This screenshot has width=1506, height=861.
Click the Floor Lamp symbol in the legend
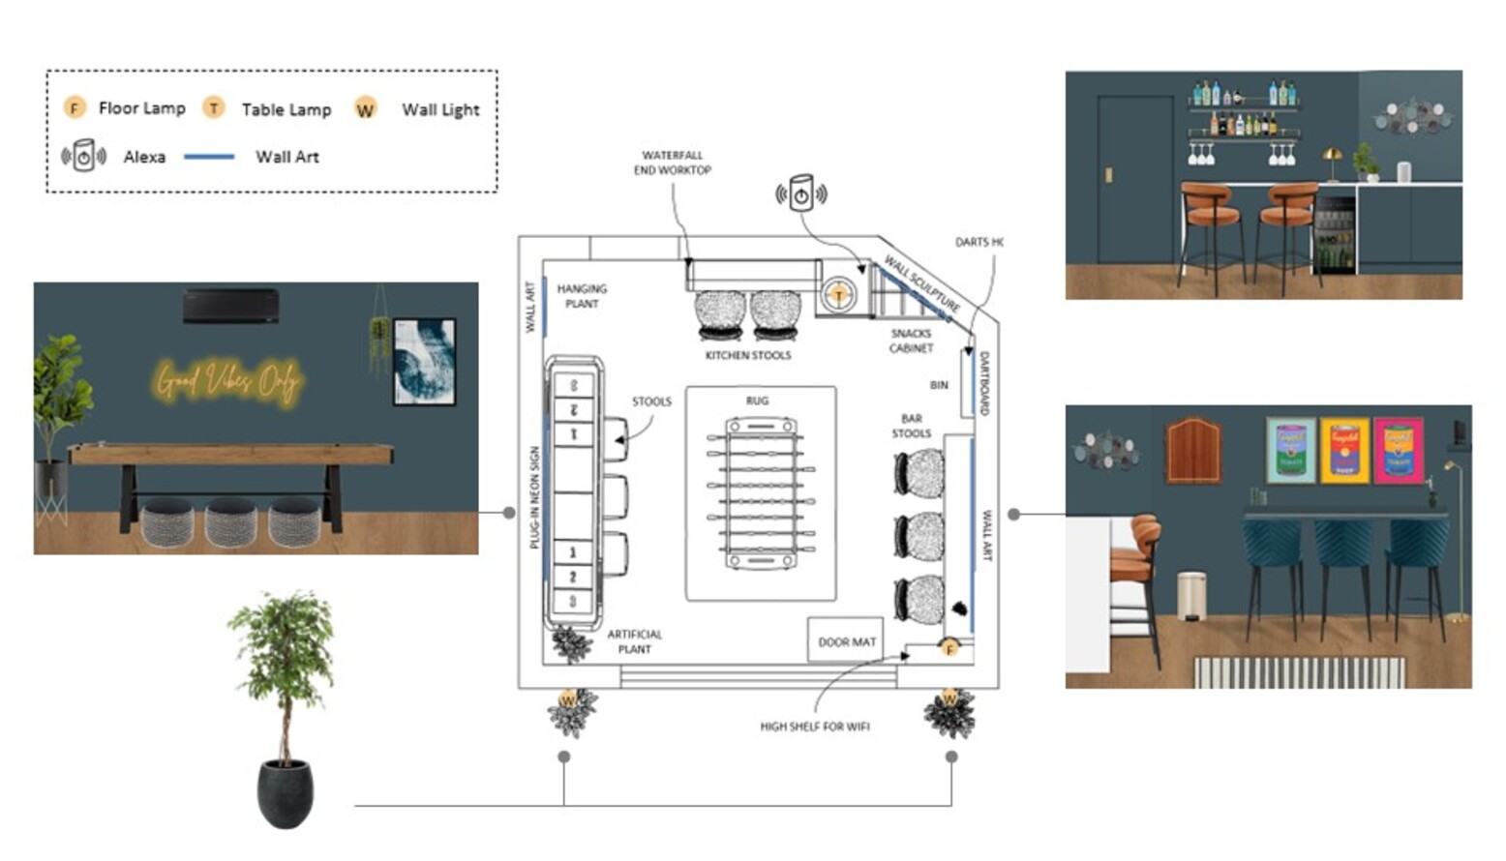click(x=75, y=107)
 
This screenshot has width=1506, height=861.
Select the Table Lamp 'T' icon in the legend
click(x=214, y=107)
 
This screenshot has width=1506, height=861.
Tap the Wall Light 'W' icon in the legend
click(x=365, y=108)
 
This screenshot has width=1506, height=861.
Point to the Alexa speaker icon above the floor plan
click(x=800, y=193)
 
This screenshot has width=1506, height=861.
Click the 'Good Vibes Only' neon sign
click(x=228, y=381)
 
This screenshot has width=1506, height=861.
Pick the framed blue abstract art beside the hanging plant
click(x=425, y=362)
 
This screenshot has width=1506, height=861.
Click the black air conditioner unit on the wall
click(x=231, y=306)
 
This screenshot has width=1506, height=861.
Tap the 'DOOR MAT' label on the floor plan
click(x=846, y=641)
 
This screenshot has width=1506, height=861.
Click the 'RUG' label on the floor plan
click(x=757, y=401)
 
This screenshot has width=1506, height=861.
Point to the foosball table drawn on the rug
click(x=761, y=492)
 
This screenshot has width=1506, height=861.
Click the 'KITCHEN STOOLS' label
click(x=747, y=356)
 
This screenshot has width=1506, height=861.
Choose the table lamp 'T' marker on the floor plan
click(x=838, y=294)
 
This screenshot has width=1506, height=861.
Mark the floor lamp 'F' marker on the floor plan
click(x=949, y=648)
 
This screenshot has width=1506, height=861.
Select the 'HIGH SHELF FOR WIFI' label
click(x=814, y=727)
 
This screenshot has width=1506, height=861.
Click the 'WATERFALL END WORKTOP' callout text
click(x=672, y=163)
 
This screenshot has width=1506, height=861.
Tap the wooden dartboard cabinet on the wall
click(x=1193, y=450)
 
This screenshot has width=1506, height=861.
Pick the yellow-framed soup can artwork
click(x=1344, y=450)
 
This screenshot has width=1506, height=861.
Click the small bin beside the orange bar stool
click(x=1191, y=595)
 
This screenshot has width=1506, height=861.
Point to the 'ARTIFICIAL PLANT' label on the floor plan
click(x=634, y=641)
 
